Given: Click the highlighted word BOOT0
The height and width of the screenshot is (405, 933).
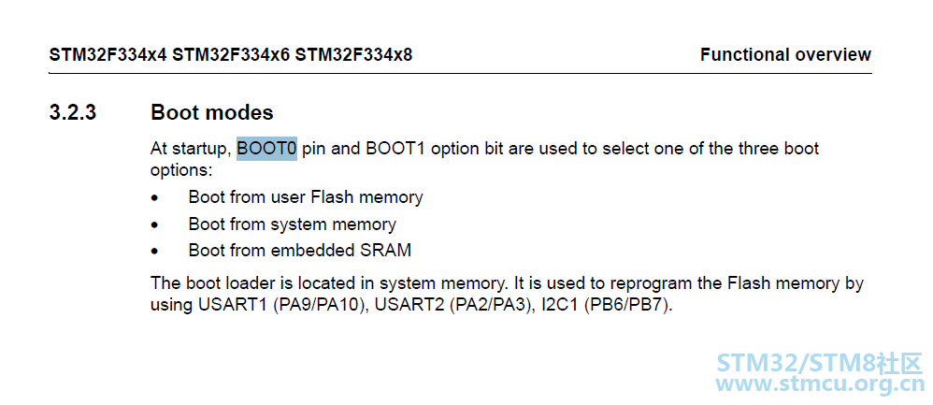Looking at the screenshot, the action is click(x=266, y=149).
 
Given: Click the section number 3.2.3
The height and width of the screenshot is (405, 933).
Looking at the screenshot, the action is click(x=73, y=112).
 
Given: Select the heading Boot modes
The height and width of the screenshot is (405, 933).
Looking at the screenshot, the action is click(x=212, y=112).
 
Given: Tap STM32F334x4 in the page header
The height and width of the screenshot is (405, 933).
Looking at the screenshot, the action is click(x=108, y=55).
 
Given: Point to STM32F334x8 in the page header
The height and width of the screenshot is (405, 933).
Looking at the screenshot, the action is click(x=353, y=55).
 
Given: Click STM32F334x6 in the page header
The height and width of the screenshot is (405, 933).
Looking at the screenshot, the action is click(x=232, y=55).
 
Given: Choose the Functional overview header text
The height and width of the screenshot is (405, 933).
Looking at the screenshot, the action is click(x=785, y=55).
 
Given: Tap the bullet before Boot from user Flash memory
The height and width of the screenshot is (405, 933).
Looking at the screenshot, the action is click(x=155, y=197).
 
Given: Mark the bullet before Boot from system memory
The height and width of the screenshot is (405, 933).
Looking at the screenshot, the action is click(x=155, y=225).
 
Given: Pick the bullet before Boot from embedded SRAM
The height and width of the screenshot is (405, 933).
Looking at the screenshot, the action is click(x=155, y=252).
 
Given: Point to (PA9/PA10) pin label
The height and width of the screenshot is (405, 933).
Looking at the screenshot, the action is click(x=319, y=306).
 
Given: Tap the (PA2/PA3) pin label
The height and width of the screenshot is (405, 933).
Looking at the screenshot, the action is click(x=489, y=306).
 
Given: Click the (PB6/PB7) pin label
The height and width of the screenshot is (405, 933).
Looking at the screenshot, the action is click(x=627, y=306).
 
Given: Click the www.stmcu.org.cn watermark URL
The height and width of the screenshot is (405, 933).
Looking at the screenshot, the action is click(x=821, y=383).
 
